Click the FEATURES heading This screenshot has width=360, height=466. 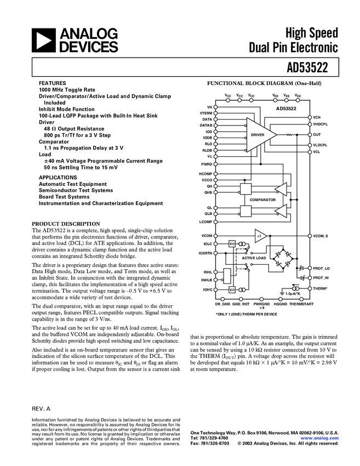tap(52, 83)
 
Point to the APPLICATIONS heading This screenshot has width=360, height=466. tap(58, 178)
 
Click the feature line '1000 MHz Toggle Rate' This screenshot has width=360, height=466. tap(66, 89)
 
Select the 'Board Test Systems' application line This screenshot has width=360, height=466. tap(64, 197)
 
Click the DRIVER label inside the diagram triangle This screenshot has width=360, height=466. tap(258, 134)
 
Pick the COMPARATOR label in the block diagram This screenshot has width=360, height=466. tap(262, 200)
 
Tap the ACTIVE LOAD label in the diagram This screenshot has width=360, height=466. tap(254, 257)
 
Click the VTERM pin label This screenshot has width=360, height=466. tap(206, 113)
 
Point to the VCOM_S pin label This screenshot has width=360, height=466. tap(321, 236)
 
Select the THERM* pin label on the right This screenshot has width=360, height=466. tap(321, 288)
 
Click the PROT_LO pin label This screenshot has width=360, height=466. tap(322, 268)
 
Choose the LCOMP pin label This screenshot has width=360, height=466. tap(205, 221)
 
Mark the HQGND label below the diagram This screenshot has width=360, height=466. tap(281, 303)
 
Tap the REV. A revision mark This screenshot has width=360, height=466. tap(41, 409)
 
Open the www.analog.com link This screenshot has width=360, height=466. tap(319, 439)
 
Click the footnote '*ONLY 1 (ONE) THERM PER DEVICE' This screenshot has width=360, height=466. tap(246, 314)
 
